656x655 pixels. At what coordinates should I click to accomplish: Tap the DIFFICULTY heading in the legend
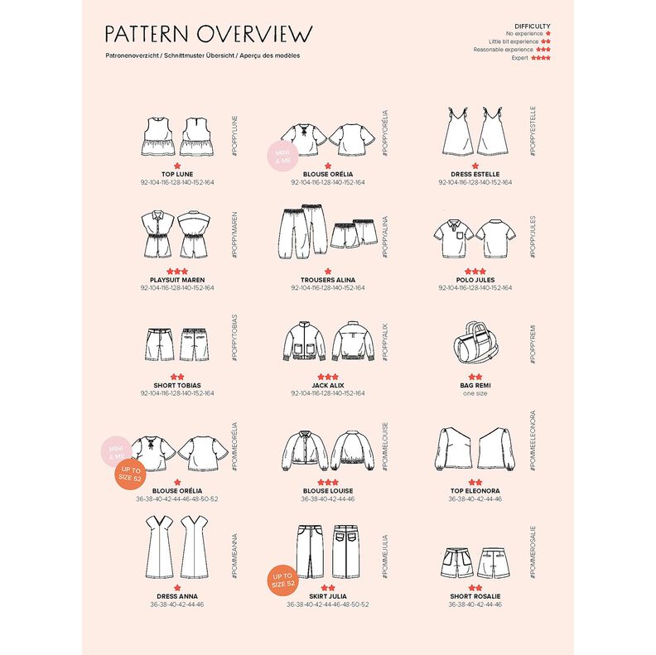532,26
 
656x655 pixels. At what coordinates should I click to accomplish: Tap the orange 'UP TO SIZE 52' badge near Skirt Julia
282,580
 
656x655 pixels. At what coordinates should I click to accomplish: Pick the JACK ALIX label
327,385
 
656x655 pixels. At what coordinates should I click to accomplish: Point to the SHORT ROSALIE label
475,596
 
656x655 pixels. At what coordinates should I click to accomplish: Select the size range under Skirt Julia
327,604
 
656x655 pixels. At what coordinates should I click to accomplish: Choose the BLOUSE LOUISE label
327,491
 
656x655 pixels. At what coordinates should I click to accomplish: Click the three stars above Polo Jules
475,271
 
